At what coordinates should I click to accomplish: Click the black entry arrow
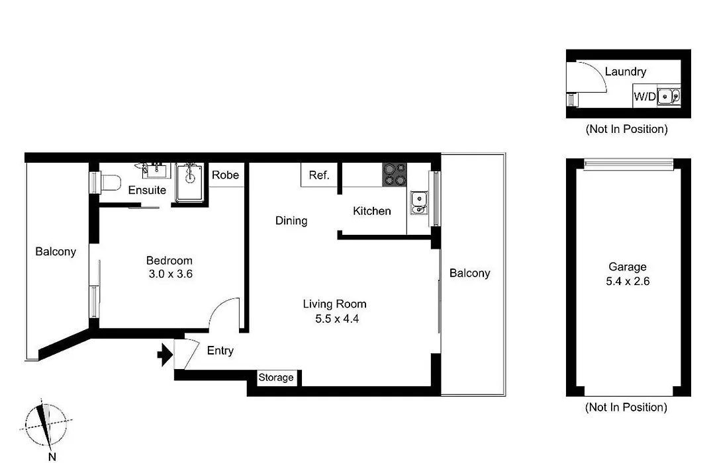point(165,355)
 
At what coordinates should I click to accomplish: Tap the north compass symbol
point(46,427)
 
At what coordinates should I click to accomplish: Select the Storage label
point(276,377)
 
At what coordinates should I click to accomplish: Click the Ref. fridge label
point(318,175)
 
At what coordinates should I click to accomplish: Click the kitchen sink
point(419,203)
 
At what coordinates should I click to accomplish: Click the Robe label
point(225,175)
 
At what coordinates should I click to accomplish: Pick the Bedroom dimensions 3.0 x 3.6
point(171,274)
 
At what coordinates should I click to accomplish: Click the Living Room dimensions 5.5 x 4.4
point(337,319)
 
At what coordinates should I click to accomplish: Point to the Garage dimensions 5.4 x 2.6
point(628,281)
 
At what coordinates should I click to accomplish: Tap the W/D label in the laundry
point(645,97)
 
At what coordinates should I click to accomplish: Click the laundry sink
point(669,97)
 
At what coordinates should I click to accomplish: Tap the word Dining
point(291,221)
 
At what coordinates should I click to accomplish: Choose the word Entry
point(220,351)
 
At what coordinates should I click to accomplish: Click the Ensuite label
point(147,190)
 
